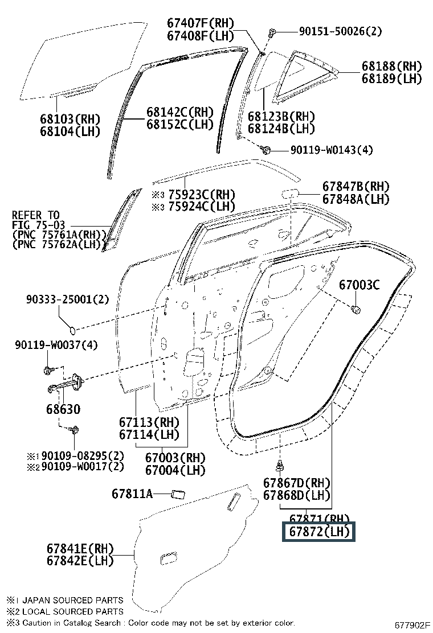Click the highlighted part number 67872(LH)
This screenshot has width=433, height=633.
[x=319, y=532]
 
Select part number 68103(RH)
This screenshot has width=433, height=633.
[x=70, y=119]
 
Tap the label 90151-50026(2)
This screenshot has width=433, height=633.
[x=340, y=31]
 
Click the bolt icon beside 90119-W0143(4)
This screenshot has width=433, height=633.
[x=265, y=150]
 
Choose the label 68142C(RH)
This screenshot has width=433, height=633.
[x=179, y=112]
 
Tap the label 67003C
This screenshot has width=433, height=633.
[x=359, y=285]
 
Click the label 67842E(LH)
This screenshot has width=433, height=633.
[x=80, y=561]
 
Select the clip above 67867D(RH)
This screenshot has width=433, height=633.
[x=280, y=466]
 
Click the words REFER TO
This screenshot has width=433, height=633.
[x=35, y=215]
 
